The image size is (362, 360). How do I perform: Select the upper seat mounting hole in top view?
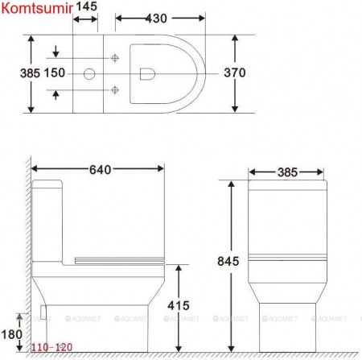116,58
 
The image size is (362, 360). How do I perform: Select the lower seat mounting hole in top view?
116,88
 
